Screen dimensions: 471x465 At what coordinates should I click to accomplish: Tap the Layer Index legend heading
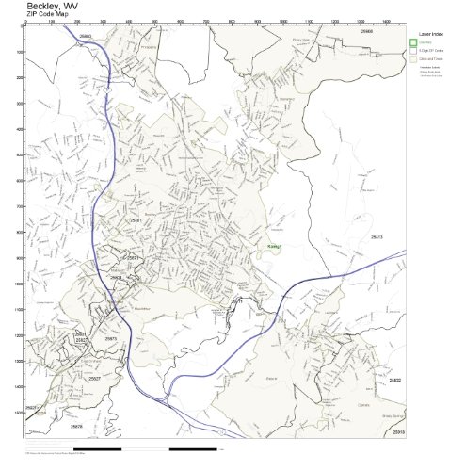430,33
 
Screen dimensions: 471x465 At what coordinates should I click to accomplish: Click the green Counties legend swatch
412,42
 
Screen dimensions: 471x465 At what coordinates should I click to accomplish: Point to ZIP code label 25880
86,36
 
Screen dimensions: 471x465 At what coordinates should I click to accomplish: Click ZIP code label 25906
366,31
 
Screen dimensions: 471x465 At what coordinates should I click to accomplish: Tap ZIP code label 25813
377,237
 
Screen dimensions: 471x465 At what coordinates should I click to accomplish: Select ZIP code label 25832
394,380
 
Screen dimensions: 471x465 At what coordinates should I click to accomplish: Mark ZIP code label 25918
397,431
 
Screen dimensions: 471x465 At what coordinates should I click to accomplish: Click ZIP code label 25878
76,426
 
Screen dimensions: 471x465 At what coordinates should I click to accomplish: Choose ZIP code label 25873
110,338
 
